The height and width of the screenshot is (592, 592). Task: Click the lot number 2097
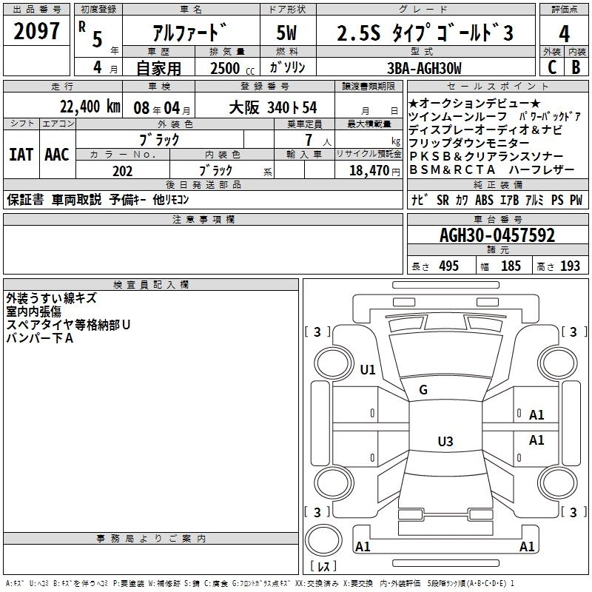[x=36, y=31]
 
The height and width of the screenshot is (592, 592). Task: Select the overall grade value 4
[x=564, y=34]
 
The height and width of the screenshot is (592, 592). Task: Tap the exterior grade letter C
[x=552, y=67]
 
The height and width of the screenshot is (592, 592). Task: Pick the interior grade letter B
[x=576, y=67]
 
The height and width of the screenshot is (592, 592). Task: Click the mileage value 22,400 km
[x=90, y=107]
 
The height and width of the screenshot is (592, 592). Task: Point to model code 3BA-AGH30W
[x=424, y=68]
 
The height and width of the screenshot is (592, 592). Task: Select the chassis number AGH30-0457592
[x=497, y=235]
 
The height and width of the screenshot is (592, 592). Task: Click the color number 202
[x=122, y=171]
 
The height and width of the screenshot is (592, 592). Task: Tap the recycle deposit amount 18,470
[x=369, y=171]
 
